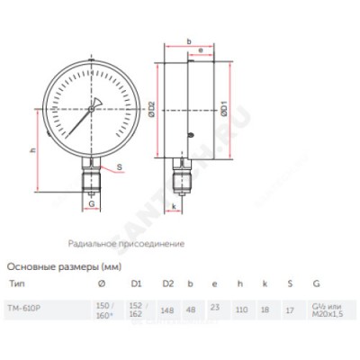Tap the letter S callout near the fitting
[121, 168]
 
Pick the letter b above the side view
[189, 41]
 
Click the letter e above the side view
[199, 50]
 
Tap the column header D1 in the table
[137, 283]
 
